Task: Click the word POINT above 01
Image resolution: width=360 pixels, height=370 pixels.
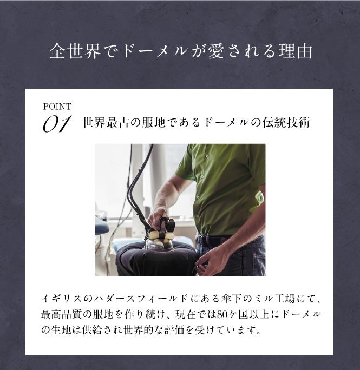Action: click(57, 107)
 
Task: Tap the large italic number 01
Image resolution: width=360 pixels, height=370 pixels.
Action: click(57, 124)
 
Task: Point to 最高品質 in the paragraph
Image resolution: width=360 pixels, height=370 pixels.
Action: click(62, 314)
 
